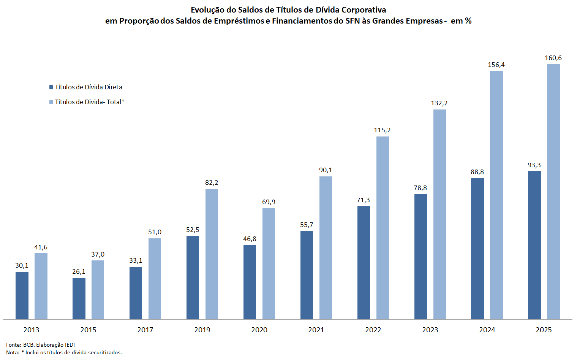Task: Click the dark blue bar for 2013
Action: (x=22, y=295)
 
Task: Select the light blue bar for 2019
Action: (x=212, y=254)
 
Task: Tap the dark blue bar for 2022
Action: (x=364, y=262)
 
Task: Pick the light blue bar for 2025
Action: (x=553, y=192)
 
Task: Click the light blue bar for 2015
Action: (x=98, y=290)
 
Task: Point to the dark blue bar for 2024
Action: (x=477, y=249)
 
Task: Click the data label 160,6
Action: (x=553, y=58)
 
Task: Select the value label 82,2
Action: (x=212, y=182)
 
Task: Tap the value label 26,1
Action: (x=79, y=271)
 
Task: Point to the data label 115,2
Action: (x=382, y=130)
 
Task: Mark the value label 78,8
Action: (x=420, y=188)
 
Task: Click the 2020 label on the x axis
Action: (x=259, y=330)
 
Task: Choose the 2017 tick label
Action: (x=145, y=330)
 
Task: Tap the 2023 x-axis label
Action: (x=430, y=330)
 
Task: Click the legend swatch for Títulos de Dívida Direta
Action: (x=51, y=87)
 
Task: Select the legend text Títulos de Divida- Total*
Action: (x=90, y=102)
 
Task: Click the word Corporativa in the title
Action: (x=364, y=10)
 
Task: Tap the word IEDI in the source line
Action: (x=70, y=345)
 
